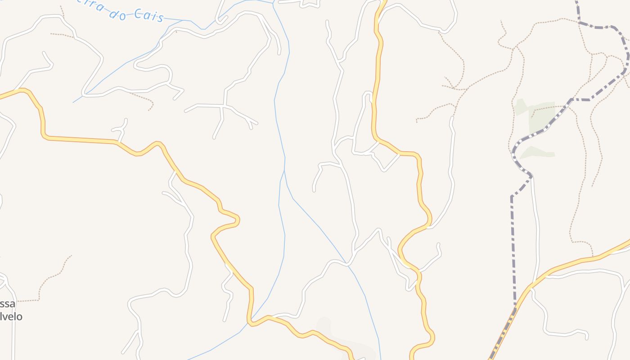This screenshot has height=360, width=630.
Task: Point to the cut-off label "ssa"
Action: tap(7, 304)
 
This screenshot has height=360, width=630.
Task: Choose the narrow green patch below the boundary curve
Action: tap(537, 153)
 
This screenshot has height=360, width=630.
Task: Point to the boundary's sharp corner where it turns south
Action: tap(512, 197)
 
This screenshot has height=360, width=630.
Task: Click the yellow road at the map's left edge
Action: tap(1, 96)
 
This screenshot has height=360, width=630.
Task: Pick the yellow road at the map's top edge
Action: tap(383, 2)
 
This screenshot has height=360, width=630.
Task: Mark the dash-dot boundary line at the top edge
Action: tap(577, 2)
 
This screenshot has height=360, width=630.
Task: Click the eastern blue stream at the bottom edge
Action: tap(381, 358)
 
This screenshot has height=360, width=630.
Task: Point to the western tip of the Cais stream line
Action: tap(73, 102)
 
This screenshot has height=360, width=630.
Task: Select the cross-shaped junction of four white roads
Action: tap(224, 106)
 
